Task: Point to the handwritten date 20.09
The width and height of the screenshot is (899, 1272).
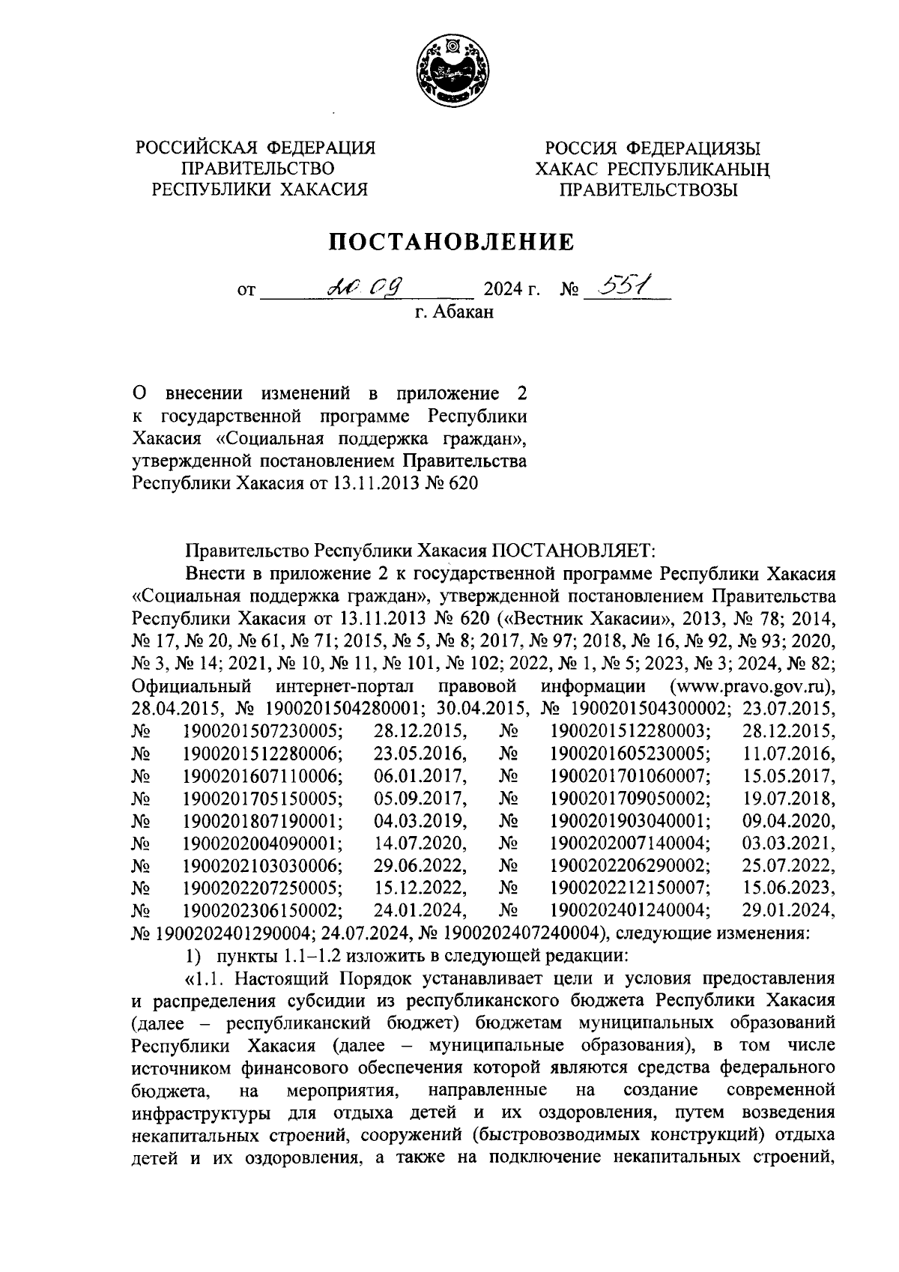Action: coord(366,285)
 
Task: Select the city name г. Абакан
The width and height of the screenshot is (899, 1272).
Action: coord(455,312)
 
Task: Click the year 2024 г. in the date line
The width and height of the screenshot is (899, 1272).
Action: coord(511,288)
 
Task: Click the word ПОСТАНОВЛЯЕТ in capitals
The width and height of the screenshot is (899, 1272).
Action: coord(573,551)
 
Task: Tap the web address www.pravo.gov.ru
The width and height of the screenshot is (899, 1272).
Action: coord(751,685)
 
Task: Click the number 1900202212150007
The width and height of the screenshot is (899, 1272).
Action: coord(631,888)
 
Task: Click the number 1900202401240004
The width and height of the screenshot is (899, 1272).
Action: coord(631,910)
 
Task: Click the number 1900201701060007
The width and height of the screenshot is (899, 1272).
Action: coord(631,775)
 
